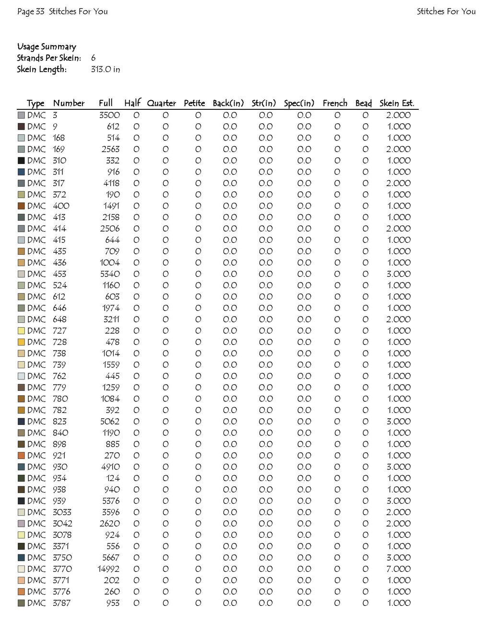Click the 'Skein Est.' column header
pos(397,103)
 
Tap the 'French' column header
pos(335,103)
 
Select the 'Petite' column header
pos(194,103)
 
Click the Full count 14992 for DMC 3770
pos(108,569)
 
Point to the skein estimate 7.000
pos(399,569)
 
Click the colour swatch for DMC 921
pos(21,456)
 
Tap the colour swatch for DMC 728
pos(21,342)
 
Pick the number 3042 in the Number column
pos(62,524)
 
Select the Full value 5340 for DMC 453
pos(110,274)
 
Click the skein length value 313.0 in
pos(106,70)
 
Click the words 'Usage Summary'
pos(47,47)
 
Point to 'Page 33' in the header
pos(31,12)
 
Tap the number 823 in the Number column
pos(59,422)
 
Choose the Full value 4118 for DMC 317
pos(111,183)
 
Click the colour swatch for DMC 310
pos(21,161)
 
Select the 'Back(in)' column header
pos(228,103)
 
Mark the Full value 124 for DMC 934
pos(113,478)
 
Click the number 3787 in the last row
pos(61,603)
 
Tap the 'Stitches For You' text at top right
pos(446,12)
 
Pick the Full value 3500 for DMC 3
pos(109,115)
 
